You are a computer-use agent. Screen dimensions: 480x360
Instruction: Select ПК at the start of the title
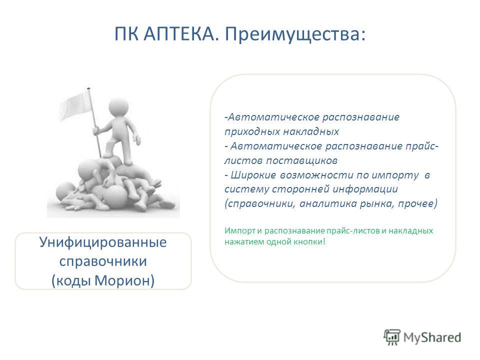(x=126, y=33)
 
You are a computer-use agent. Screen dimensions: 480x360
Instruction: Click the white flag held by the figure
(x=75, y=106)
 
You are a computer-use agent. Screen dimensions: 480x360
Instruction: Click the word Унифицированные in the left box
(x=103, y=242)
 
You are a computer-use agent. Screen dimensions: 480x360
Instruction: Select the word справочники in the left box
(x=103, y=261)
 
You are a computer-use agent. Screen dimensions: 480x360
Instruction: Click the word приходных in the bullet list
(x=251, y=132)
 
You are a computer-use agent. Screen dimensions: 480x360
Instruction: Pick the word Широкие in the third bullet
(x=253, y=175)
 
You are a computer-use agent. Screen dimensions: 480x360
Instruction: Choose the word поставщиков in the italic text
(x=302, y=160)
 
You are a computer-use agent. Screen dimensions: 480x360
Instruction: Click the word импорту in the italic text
(x=395, y=175)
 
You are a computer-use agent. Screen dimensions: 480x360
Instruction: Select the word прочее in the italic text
(x=417, y=203)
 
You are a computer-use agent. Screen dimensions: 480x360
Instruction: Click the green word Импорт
(x=239, y=231)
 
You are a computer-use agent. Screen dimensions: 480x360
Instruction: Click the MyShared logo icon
(x=392, y=337)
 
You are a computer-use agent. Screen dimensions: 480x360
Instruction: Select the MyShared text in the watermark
(x=432, y=337)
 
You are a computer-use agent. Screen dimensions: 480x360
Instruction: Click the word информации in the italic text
(x=365, y=189)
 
